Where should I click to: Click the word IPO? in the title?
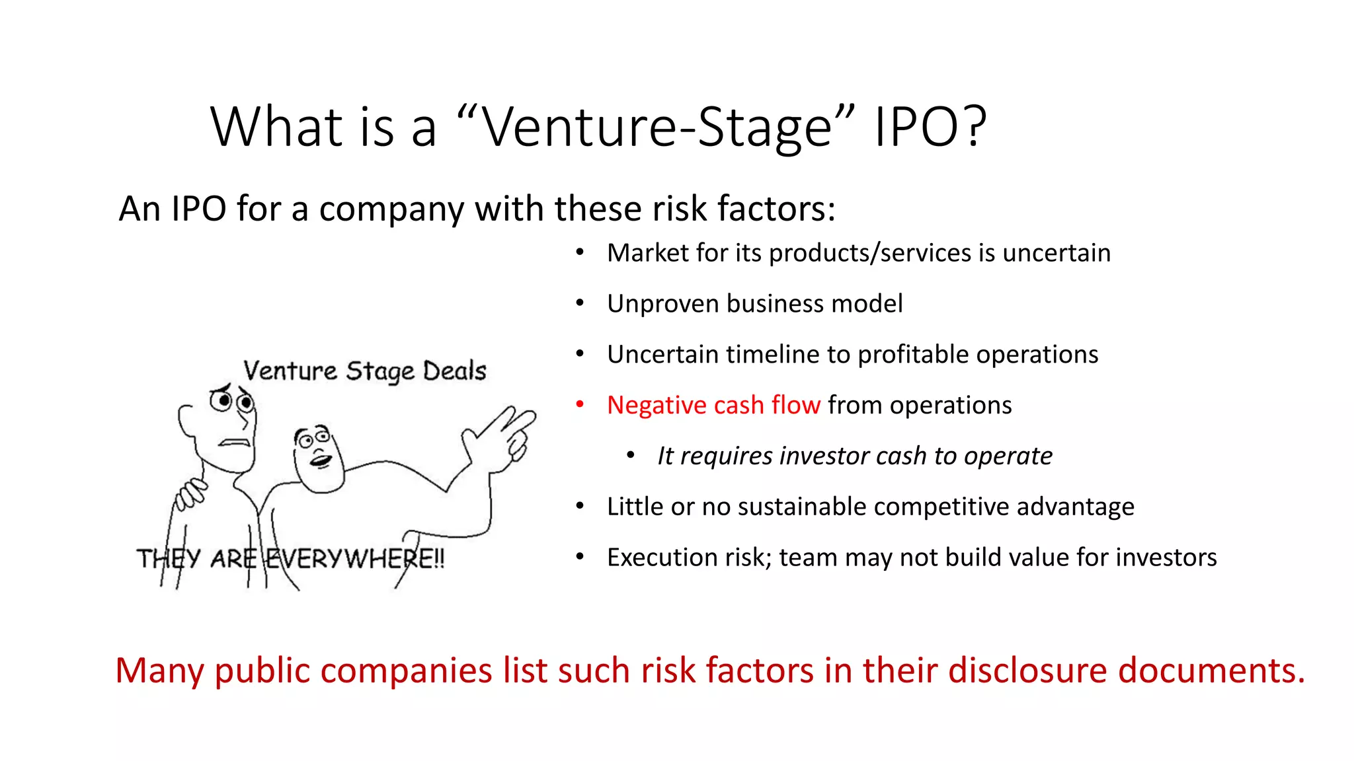point(930,127)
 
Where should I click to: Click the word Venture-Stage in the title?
point(655,127)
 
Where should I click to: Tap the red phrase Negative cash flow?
point(713,405)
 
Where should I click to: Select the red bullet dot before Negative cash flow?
point(580,404)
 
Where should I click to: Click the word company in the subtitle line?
point(391,209)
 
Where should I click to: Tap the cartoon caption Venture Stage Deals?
point(364,371)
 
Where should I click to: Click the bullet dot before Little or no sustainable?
point(580,505)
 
